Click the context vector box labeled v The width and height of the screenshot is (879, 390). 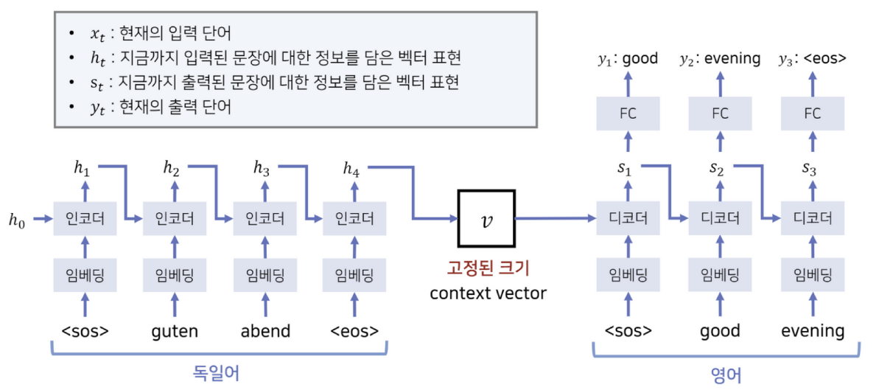click(486, 218)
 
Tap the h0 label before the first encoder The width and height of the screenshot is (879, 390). click(17, 219)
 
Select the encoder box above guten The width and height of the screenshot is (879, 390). click(175, 218)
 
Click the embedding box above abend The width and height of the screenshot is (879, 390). click(265, 275)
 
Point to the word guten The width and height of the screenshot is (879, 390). click(175, 330)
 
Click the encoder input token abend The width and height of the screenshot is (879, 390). click(265, 330)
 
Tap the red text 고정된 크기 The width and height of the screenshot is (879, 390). click(488, 267)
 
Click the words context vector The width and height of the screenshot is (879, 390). click(488, 293)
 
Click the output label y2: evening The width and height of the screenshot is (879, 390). click(720, 59)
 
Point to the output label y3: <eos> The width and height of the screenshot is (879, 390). click(813, 59)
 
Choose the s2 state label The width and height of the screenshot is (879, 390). click(717, 169)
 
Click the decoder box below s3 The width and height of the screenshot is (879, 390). click(813, 218)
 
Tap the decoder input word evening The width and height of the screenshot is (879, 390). click(813, 330)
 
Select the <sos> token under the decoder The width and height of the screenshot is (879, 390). click(628, 330)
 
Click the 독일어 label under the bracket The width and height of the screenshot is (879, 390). click(217, 374)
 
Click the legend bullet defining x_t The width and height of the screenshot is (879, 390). click(158, 33)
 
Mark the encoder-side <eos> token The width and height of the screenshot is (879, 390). click(354, 330)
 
